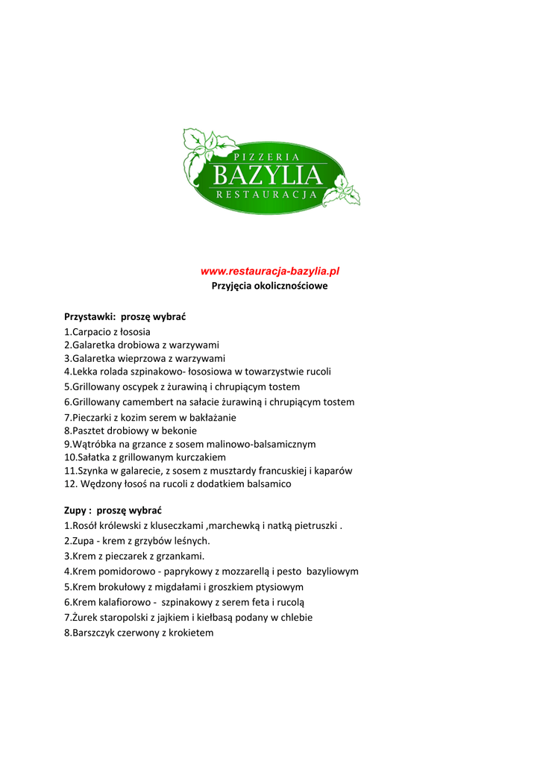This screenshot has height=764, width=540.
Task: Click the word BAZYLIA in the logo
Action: click(268, 176)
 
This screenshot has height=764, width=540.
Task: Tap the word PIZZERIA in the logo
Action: click(266, 157)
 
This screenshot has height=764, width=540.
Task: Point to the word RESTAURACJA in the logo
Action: click(267, 195)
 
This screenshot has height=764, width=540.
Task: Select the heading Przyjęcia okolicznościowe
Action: click(270, 286)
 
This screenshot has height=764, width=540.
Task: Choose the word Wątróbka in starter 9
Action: click(93, 444)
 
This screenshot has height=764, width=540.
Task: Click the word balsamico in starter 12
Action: click(268, 484)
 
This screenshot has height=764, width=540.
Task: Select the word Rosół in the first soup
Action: click(85, 526)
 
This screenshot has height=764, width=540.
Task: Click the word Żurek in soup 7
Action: click(85, 618)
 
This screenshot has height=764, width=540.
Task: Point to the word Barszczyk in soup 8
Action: click(95, 633)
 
